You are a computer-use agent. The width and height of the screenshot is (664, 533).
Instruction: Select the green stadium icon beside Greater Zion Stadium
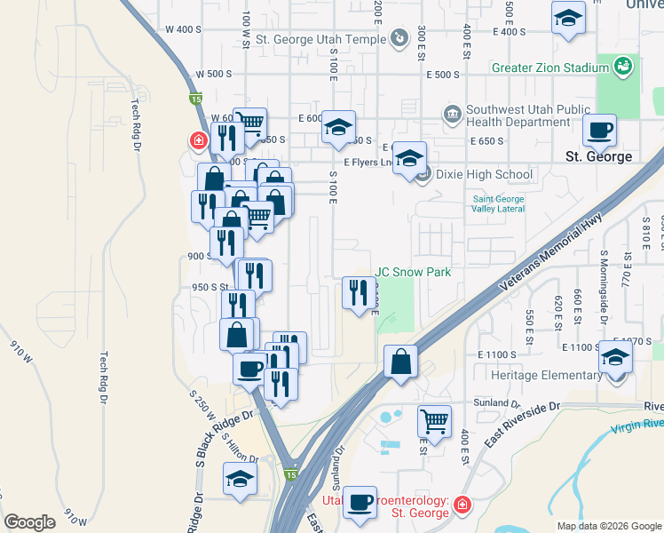[624, 66]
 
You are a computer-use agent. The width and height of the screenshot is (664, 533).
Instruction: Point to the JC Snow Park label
[414, 272]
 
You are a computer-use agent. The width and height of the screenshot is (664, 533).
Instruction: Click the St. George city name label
[598, 156]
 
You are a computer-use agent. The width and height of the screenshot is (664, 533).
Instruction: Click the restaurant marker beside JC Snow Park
[359, 292]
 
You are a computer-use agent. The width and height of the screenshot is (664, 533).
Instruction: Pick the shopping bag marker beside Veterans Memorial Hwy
[401, 362]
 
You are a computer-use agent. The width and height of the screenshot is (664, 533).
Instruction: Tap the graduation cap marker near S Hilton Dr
[239, 481]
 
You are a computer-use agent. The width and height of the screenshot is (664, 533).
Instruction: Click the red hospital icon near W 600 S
[197, 140]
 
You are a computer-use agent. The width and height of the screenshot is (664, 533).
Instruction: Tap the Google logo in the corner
[30, 521]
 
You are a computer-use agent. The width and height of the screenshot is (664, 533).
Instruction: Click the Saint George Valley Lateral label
[497, 203]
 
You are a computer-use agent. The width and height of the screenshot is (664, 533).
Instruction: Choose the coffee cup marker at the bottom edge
[360, 502]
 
